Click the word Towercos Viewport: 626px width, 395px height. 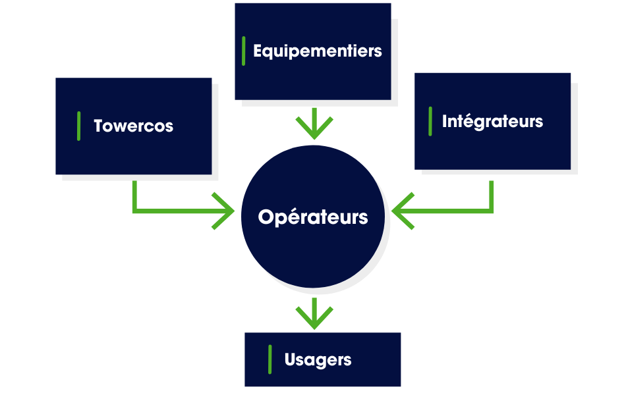click(x=133, y=126)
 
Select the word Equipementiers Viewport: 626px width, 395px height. click(x=317, y=51)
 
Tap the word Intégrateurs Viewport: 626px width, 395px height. click(x=492, y=122)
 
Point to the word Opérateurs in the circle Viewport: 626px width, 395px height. click(x=313, y=217)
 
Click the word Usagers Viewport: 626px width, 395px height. click(x=318, y=360)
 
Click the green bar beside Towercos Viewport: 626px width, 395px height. click(x=79, y=126)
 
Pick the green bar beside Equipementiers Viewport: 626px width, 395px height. click(x=244, y=51)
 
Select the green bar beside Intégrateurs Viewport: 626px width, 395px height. click(x=430, y=122)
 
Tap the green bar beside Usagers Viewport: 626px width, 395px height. click(x=270, y=359)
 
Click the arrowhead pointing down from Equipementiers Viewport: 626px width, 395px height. click(x=314, y=132)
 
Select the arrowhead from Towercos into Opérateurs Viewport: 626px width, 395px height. click(x=228, y=211)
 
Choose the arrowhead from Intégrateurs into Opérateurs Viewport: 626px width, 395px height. click(x=398, y=211)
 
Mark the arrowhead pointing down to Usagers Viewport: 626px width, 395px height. click(x=314, y=321)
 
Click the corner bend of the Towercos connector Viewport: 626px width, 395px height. click(x=134, y=211)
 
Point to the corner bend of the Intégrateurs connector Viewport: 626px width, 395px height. click(x=492, y=211)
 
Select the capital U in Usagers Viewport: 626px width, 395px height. click(x=290, y=360)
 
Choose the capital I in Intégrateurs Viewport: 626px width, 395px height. click(x=445, y=122)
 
